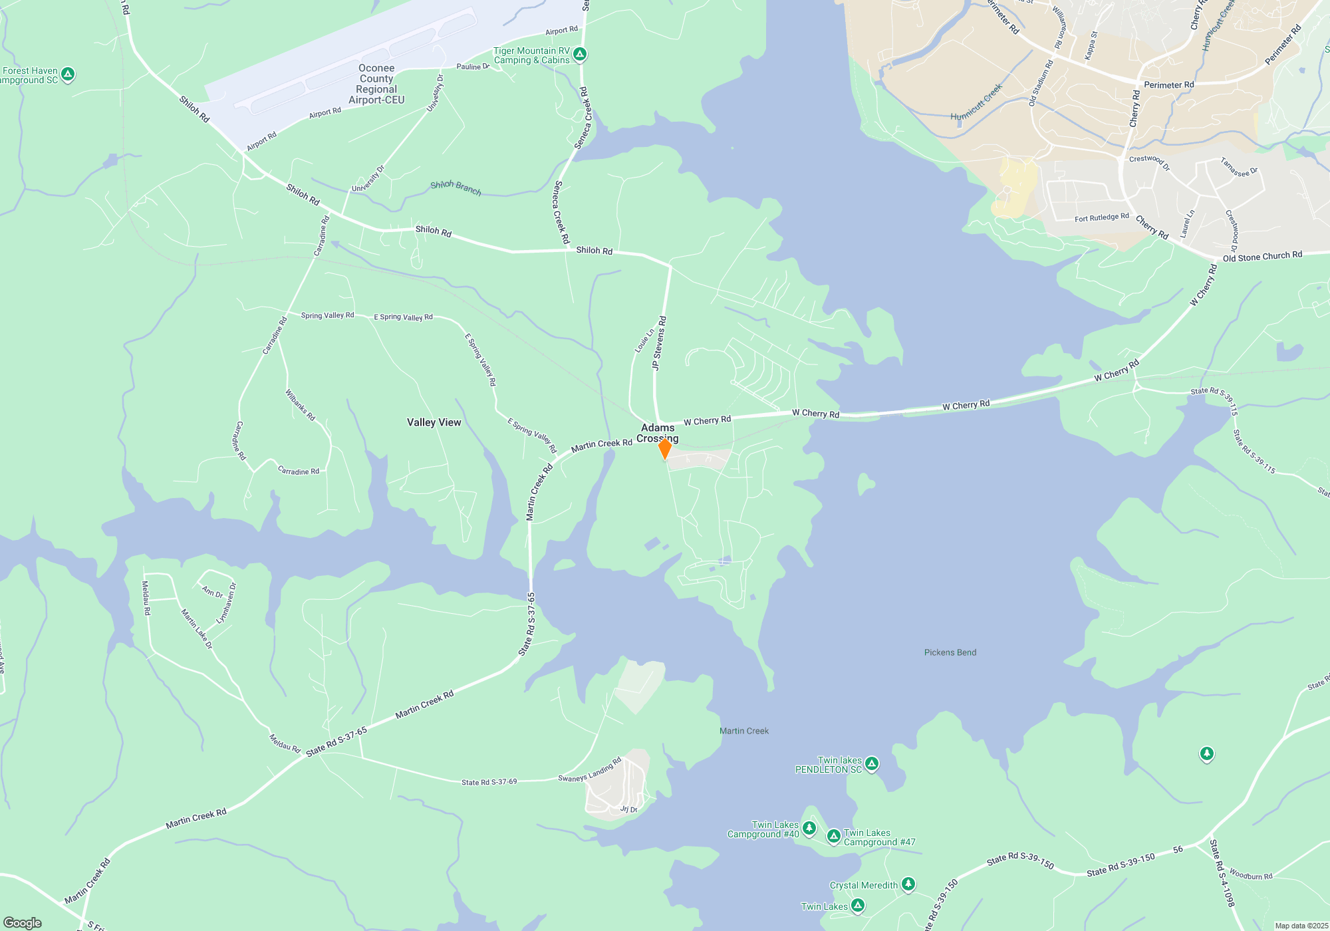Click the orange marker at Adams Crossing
(664, 448)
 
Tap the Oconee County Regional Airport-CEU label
(376, 84)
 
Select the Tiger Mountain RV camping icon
(580, 55)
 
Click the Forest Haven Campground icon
(68, 74)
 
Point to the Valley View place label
(434, 422)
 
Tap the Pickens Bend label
(950, 652)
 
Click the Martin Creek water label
(744, 731)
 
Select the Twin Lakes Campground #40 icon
(809, 829)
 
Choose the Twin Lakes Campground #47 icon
(834, 836)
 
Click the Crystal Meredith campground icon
(908, 884)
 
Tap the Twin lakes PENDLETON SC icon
(872, 764)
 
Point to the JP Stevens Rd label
(659, 343)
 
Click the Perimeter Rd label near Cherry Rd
(1168, 85)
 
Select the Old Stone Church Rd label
(1262, 256)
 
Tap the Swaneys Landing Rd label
(590, 770)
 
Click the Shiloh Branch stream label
(456, 188)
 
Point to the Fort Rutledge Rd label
(1101, 217)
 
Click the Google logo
(23, 922)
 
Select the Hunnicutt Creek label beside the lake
(976, 103)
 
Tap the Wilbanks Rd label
(300, 405)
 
